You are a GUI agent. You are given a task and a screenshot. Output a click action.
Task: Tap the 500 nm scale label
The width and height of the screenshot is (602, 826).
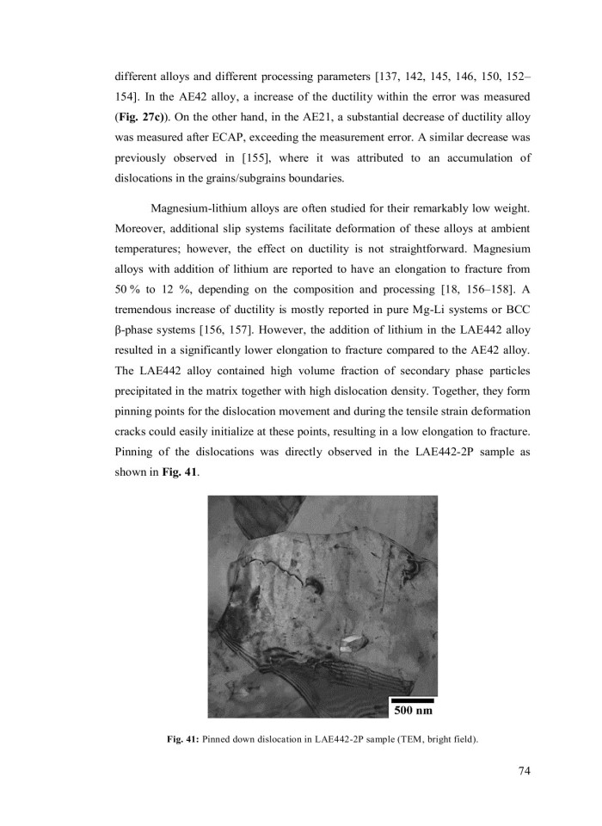(413, 712)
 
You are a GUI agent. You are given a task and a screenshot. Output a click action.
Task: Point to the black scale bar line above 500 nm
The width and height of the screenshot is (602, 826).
(413, 700)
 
